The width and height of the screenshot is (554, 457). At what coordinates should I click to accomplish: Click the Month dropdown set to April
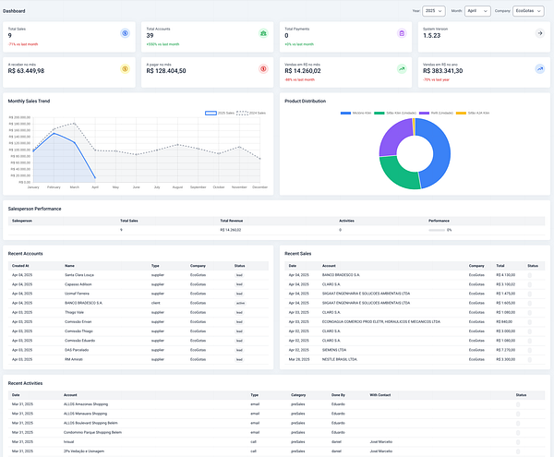coord(477,11)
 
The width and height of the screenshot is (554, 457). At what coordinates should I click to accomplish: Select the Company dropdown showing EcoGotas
coord(529,11)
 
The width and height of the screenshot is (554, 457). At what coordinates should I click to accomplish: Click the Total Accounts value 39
coord(150,35)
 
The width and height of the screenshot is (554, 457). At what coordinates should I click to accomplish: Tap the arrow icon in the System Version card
coord(539,32)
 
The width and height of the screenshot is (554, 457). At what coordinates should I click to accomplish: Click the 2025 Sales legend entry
coord(221,112)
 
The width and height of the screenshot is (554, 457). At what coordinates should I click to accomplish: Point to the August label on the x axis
coord(177,186)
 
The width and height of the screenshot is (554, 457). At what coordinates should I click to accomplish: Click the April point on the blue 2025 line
coord(95,177)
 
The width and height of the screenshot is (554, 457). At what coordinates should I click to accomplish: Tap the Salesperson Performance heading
coord(35,209)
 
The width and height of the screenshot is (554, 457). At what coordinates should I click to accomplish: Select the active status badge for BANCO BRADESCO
coord(239,302)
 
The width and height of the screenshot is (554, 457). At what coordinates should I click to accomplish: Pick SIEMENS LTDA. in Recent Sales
coord(336,350)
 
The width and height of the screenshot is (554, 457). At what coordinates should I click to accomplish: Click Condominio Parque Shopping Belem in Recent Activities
coord(93,431)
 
